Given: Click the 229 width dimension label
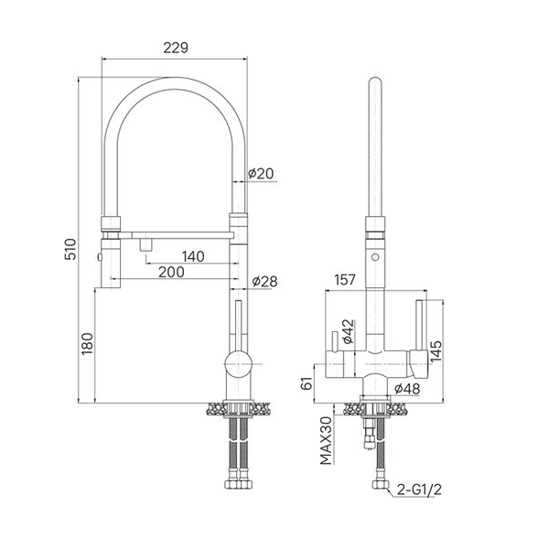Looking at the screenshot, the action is tap(176, 48).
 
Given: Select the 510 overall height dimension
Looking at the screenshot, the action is tap(70, 249).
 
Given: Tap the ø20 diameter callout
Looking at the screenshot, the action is tap(261, 173).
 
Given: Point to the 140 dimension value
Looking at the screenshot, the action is tap(193, 256).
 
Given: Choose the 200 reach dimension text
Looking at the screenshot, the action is tap(171, 272).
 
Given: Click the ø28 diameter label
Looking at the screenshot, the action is tap(264, 281).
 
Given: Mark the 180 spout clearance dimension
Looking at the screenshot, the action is tap(87, 343).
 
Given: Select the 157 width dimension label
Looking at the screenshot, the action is tap(345, 280).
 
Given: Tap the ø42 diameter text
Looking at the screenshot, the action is tap(349, 331).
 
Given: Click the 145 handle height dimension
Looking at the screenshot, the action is tap(436, 351).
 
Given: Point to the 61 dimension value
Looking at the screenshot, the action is tap(307, 383).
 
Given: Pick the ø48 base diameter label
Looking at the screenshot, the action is tap(407, 388).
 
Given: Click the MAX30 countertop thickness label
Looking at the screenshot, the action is tap(327, 440).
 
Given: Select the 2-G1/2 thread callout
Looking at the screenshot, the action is tap(419, 490).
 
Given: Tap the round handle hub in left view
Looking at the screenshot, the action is tap(238, 364).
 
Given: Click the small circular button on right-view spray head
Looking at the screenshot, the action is tap(375, 257).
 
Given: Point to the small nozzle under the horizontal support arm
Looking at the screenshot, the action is tap(145, 244).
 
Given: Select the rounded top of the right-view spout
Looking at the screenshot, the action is tap(375, 81).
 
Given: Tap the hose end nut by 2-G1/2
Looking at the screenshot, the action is tap(381, 485).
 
